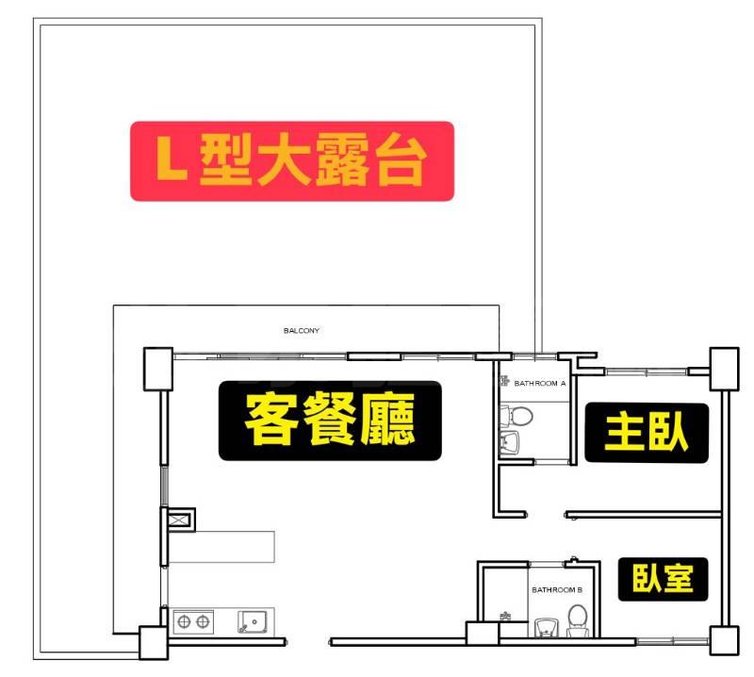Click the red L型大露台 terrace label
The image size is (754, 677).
[292, 161]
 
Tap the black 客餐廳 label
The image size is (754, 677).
[330, 421]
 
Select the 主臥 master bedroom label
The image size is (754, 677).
[647, 433]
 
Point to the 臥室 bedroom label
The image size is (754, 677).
[663, 579]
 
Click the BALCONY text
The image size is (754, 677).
[302, 331]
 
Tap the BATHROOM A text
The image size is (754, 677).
[540, 384]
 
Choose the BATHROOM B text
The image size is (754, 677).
[557, 589]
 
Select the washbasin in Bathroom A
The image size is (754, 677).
[510, 443]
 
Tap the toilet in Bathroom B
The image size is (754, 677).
[578, 620]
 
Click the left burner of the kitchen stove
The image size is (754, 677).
[184, 621]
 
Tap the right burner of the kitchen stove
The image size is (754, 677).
[203, 621]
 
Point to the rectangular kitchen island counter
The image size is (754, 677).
[221, 547]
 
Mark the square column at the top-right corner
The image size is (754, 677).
[725, 369]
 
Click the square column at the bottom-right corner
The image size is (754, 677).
[725, 640]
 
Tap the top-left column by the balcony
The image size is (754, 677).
[158, 369]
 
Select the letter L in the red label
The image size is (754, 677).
[171, 157]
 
